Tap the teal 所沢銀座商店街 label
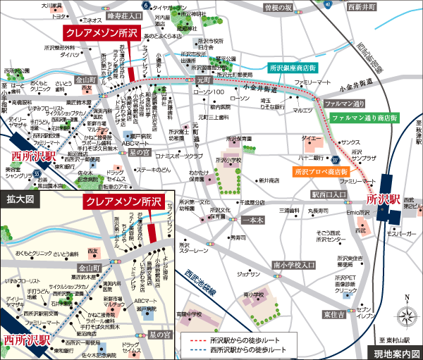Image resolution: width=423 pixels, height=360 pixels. tap(292, 68)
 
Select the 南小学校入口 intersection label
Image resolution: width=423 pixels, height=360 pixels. tap(294, 265)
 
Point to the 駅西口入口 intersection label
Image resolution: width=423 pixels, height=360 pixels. tap(329, 193)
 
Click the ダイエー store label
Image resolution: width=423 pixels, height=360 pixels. tap(309, 139)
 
